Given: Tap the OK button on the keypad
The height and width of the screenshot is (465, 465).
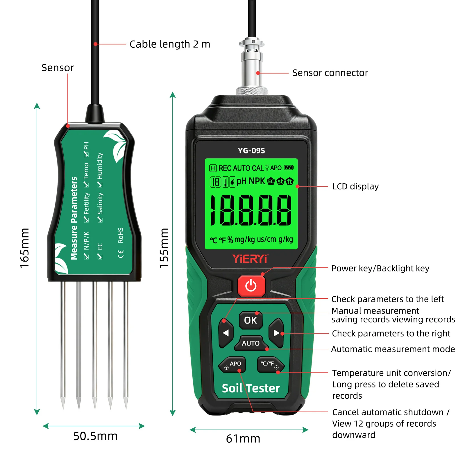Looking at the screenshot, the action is [x=251, y=320].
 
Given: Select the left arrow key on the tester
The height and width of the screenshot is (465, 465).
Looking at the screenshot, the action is [x=226, y=333].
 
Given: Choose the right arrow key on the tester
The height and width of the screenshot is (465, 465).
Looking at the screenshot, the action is [x=276, y=333].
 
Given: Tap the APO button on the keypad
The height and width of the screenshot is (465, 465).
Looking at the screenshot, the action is [x=233, y=365].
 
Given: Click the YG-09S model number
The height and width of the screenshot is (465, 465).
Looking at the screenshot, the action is [x=251, y=151].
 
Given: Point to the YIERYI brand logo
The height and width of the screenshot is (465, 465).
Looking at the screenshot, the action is [x=250, y=258].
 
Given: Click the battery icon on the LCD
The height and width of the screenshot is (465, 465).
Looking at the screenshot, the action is [x=289, y=168].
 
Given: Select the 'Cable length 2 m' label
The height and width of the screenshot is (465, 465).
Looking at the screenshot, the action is [x=170, y=44].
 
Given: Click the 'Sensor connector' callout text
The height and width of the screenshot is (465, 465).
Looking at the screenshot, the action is [x=330, y=73].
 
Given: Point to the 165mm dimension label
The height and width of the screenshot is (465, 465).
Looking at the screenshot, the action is [x=24, y=248].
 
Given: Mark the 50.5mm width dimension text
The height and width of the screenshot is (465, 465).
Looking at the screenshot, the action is [x=95, y=436].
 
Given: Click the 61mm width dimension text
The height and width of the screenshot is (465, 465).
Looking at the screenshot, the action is [x=243, y=439].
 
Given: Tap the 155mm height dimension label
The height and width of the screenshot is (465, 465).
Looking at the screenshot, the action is [x=164, y=248].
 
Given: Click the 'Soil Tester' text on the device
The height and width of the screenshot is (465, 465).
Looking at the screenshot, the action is [x=251, y=388].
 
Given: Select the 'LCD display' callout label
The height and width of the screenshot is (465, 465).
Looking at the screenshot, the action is [x=355, y=186].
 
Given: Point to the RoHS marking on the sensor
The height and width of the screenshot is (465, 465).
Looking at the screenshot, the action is [x=121, y=235].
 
